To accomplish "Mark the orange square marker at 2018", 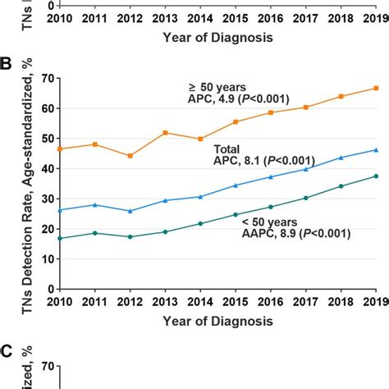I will click(x=341, y=96).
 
